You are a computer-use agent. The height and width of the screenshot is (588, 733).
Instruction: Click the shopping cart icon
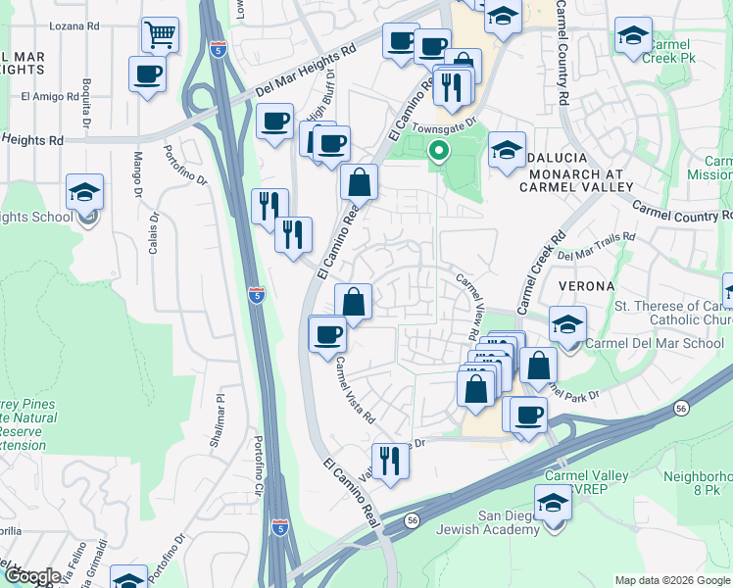coord(159,34)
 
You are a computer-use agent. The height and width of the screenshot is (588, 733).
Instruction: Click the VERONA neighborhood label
coord(585,286)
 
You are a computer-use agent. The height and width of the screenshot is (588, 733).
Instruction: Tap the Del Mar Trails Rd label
coord(596,248)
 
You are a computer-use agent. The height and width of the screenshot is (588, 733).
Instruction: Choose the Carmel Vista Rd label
coord(355,389)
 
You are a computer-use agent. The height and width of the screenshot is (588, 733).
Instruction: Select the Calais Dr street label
coord(154,234)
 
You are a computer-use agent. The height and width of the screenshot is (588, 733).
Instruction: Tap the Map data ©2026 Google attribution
coord(670,580)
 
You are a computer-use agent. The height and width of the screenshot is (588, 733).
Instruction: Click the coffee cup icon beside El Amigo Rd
coord(147,74)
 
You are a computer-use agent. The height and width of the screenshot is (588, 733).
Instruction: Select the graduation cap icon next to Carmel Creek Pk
coord(633,36)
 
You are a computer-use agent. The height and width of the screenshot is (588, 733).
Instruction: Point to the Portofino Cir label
coord(260,465)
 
